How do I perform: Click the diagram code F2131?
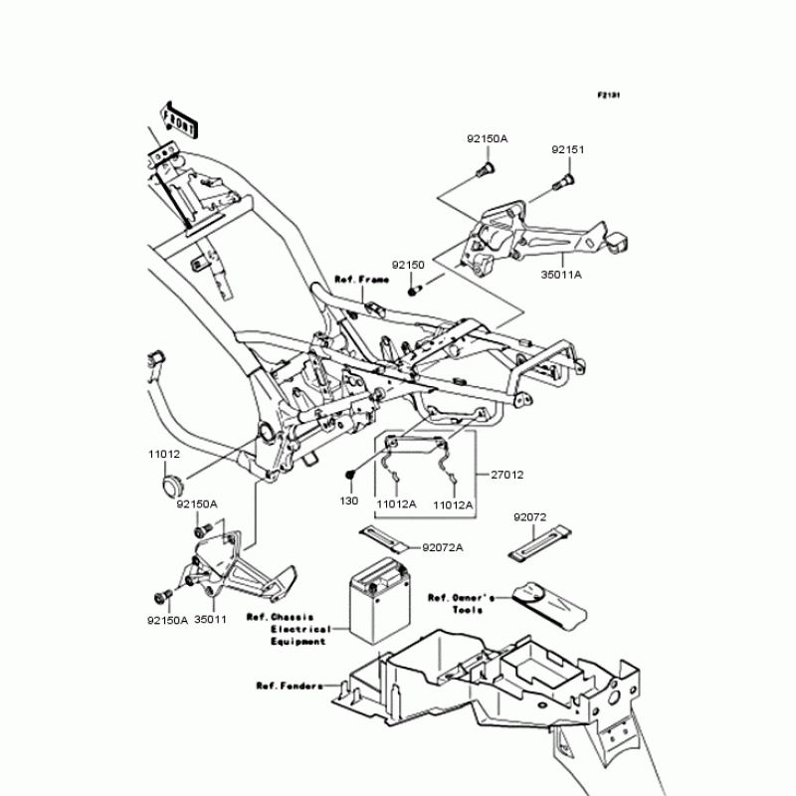(x=608, y=96)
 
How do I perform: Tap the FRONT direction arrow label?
(x=178, y=117)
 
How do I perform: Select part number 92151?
(x=568, y=150)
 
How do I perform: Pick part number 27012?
(x=505, y=475)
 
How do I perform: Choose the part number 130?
(x=348, y=501)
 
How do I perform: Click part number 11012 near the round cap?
(x=164, y=453)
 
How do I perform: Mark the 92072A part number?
(x=443, y=547)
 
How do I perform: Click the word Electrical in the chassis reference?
(x=298, y=629)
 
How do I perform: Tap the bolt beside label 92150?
(x=416, y=289)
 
